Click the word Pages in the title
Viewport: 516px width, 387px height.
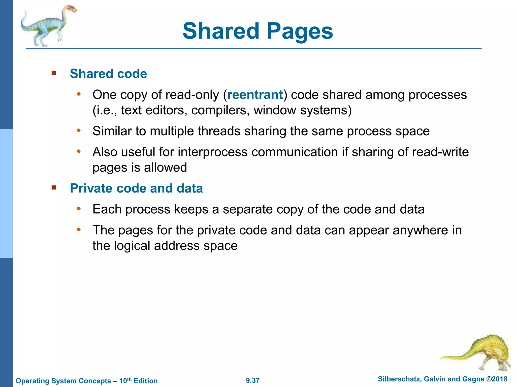[x=300, y=31]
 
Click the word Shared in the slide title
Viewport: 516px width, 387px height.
[x=221, y=31]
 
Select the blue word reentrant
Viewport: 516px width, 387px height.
[x=255, y=95]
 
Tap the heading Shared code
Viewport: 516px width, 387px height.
[x=108, y=74]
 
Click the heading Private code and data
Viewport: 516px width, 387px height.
[x=136, y=188]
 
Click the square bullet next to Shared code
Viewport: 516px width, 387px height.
[x=54, y=73]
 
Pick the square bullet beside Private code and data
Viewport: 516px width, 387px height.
[x=54, y=188]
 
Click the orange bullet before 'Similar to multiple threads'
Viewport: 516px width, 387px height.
[x=79, y=131]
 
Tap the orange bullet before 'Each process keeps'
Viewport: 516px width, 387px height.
[x=79, y=209]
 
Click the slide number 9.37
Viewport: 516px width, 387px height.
[x=253, y=380]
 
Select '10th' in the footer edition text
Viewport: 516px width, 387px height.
[x=125, y=380]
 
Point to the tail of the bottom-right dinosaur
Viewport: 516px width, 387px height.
[x=454, y=357]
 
